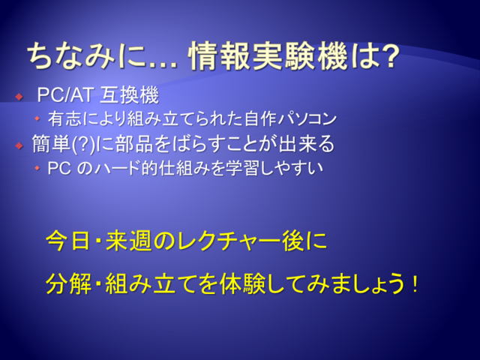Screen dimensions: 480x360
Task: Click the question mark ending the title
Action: coord(389,56)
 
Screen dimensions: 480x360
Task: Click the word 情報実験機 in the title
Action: coord(268,56)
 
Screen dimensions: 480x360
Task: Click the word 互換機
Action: coord(129,95)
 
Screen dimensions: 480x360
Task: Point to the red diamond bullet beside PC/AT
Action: coord(19,97)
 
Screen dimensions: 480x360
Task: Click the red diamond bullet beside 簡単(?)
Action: coord(19,145)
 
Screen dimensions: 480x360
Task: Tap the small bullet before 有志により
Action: coord(37,118)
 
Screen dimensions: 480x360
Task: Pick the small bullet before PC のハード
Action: coord(37,168)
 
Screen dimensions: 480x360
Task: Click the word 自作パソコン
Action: coord(290,118)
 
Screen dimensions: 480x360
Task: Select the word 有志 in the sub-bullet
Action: coord(64,118)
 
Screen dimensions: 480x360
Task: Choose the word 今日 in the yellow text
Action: coord(68,241)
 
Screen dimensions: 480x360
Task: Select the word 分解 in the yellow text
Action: coord(68,283)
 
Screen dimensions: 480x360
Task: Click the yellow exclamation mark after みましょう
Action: coord(415,283)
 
